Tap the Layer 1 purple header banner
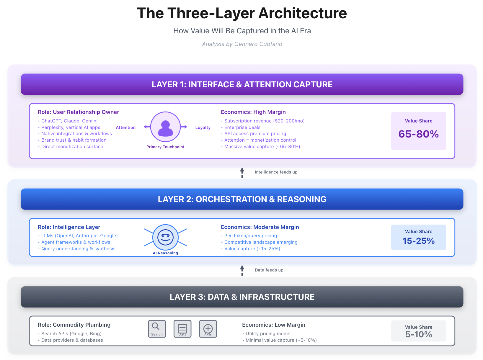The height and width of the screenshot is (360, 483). pyautogui.click(x=242, y=84)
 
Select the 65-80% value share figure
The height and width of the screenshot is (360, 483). pyautogui.click(x=418, y=134)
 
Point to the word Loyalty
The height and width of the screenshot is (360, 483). pyautogui.click(x=203, y=127)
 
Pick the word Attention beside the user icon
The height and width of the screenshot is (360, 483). pyautogui.click(x=125, y=127)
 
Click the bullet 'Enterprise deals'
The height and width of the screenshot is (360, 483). pyautogui.click(x=242, y=127)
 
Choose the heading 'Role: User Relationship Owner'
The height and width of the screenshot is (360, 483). pyautogui.click(x=79, y=112)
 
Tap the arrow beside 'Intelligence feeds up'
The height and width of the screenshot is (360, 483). pyautogui.click(x=242, y=172)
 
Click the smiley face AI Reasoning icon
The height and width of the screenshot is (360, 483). pyautogui.click(x=165, y=237)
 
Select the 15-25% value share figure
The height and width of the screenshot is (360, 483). pyautogui.click(x=418, y=241)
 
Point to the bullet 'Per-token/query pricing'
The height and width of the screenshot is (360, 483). pyautogui.click(x=250, y=236)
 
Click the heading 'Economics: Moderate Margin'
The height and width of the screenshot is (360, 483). pyautogui.click(x=260, y=227)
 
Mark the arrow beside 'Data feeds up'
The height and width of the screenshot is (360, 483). pyautogui.click(x=242, y=270)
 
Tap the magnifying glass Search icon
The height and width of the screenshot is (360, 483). pyautogui.click(x=157, y=328)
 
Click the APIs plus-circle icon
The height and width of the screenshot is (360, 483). pyautogui.click(x=208, y=328)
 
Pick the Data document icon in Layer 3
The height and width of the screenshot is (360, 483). pyautogui.click(x=182, y=328)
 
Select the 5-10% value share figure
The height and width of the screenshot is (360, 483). pyautogui.click(x=418, y=334)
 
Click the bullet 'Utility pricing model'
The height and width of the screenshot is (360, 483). pyautogui.click(x=268, y=334)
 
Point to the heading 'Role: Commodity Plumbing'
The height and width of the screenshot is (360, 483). pyautogui.click(x=74, y=325)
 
